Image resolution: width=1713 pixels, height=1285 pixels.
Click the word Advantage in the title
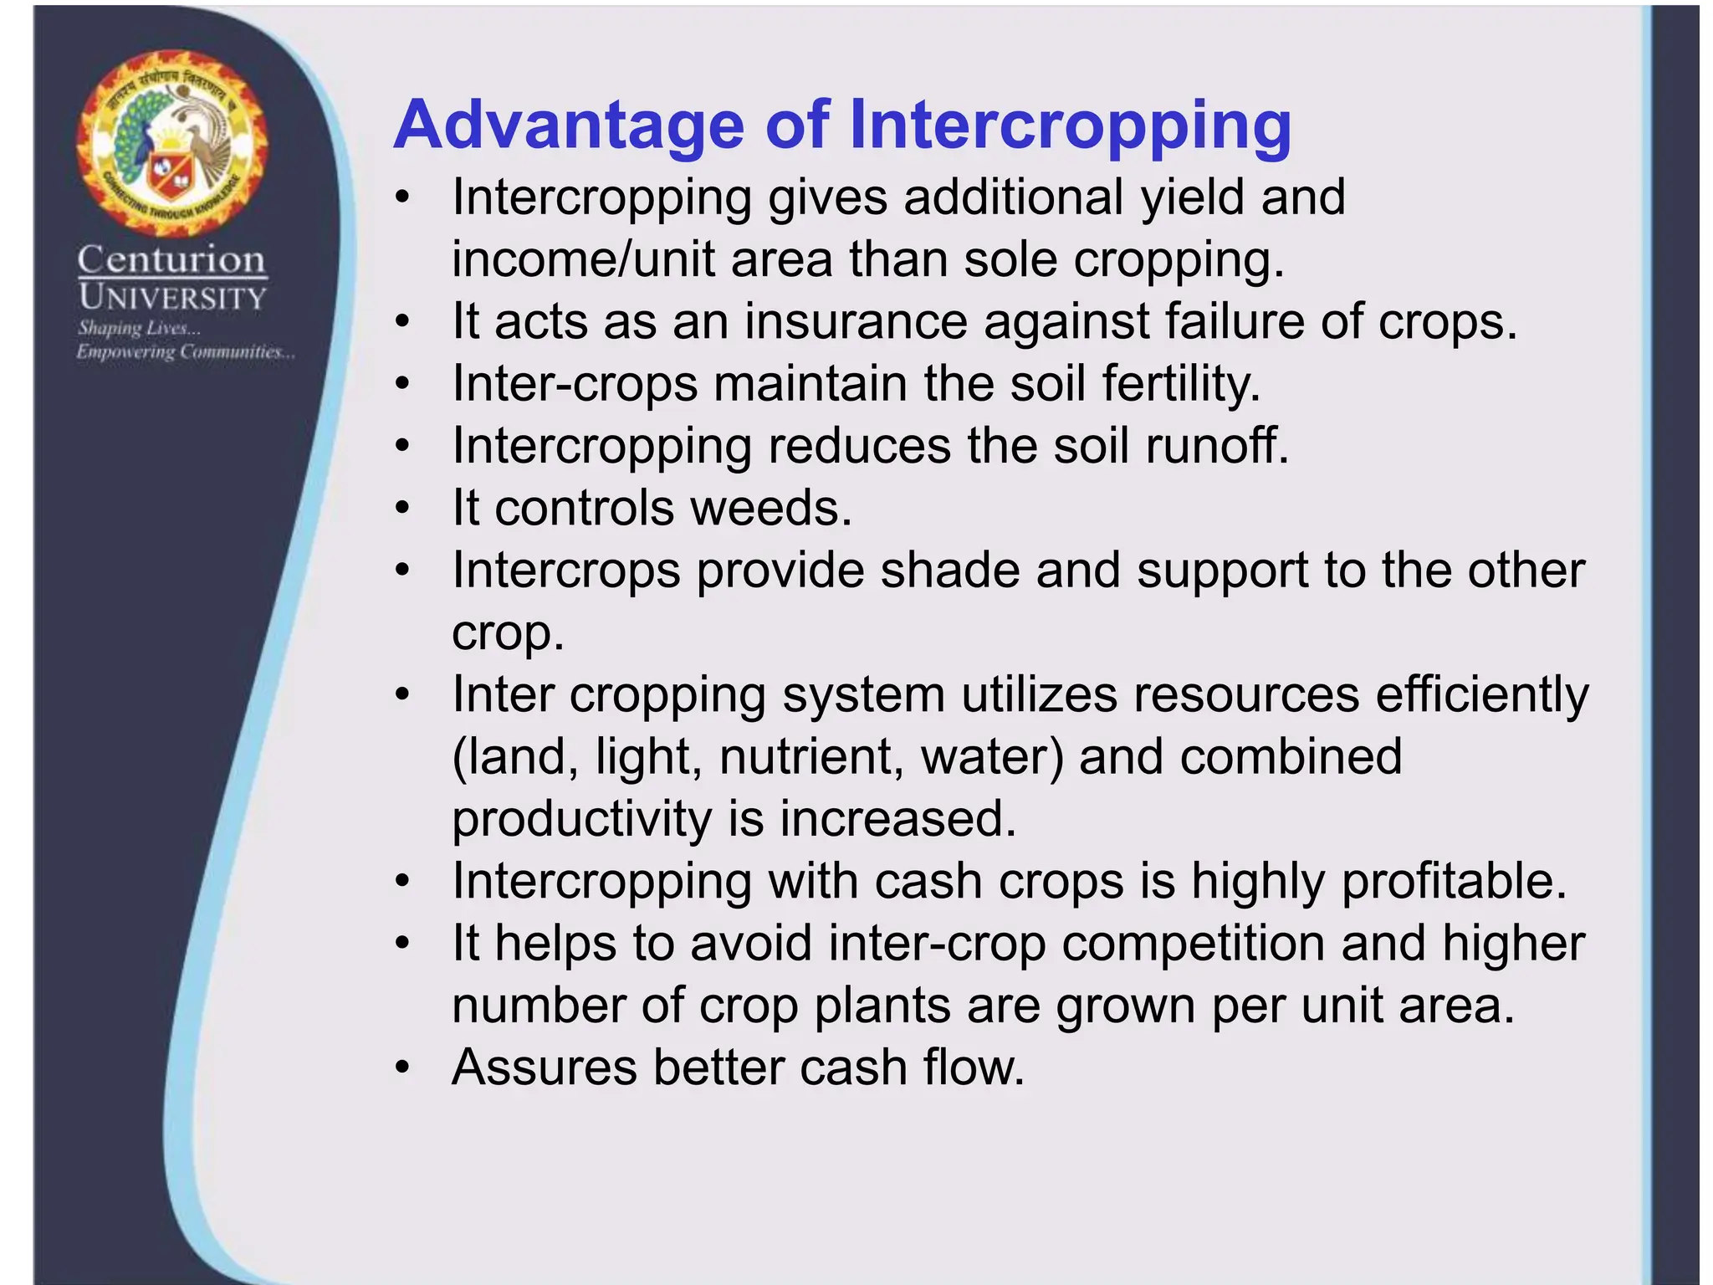click(x=569, y=125)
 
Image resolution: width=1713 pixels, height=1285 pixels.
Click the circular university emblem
click(x=172, y=143)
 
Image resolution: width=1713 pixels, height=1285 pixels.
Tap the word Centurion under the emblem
click(x=172, y=260)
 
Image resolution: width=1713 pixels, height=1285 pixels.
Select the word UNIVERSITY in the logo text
click(x=172, y=298)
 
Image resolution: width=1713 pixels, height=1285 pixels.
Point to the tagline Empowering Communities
click(x=186, y=352)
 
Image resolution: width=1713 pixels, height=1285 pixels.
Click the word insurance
click(x=856, y=321)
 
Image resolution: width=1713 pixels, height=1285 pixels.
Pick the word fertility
click(x=1180, y=384)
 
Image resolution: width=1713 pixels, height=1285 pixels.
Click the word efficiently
click(x=1482, y=695)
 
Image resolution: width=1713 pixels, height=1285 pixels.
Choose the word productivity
click(x=582, y=819)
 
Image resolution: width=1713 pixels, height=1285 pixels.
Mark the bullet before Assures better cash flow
click(x=403, y=1068)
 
